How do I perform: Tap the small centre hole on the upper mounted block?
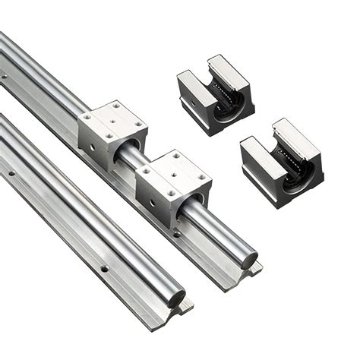(x=114, y=120)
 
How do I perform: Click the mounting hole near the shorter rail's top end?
(x=11, y=174)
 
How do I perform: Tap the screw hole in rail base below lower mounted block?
(x=177, y=233)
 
